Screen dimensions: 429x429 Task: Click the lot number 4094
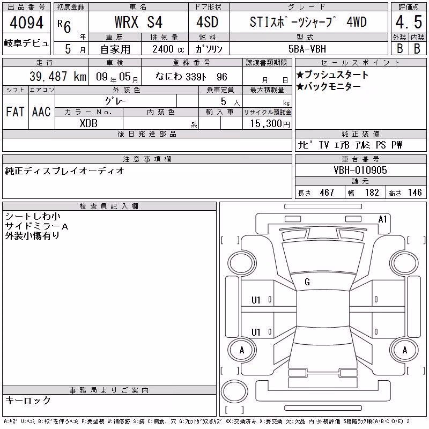pyautogui.click(x=26, y=23)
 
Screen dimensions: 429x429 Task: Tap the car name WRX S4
pyautogui.click(x=138, y=22)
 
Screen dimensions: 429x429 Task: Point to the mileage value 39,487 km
pyautogui.click(x=58, y=77)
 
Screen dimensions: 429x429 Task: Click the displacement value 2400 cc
pyautogui.click(x=168, y=49)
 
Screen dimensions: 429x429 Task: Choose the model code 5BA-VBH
pyautogui.click(x=307, y=49)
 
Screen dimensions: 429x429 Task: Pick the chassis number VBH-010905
pyautogui.click(x=360, y=170)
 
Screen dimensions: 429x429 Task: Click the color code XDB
pyautogui.click(x=88, y=123)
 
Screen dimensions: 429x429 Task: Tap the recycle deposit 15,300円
pyautogui.click(x=270, y=124)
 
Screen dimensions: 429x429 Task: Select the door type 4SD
pyautogui.click(x=208, y=22)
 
